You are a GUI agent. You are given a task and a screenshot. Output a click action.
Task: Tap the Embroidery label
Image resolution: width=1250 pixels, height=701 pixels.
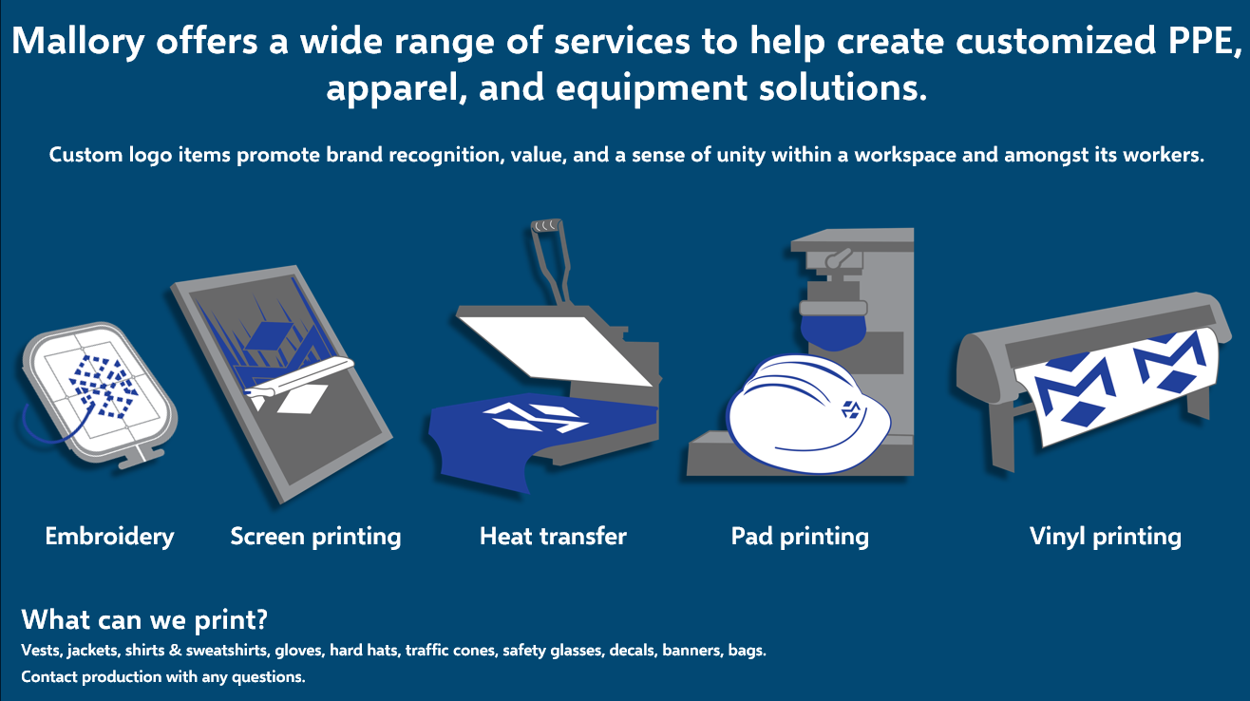point(109,537)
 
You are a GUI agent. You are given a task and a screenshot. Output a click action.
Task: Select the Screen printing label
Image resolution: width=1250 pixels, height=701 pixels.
point(315,537)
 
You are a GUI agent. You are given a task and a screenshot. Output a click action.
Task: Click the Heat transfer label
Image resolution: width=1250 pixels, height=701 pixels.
point(553,537)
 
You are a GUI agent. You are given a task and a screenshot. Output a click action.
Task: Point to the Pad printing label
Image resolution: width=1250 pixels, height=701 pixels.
point(800,537)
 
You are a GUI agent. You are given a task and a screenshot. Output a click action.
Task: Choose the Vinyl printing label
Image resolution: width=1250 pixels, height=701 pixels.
point(1105,537)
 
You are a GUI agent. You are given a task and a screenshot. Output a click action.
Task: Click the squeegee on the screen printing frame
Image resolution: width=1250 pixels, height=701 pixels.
point(299,376)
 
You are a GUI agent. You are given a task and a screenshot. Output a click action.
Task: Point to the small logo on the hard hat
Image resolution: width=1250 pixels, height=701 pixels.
point(853,410)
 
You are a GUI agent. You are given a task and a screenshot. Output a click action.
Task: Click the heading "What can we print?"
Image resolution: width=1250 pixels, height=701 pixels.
point(144,620)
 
